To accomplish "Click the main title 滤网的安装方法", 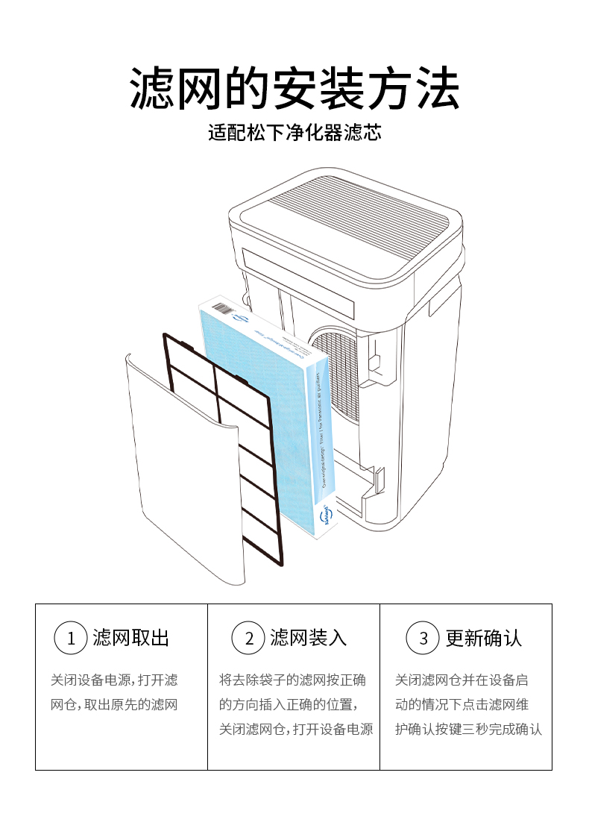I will [x=294, y=89].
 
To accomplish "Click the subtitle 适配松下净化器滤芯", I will [x=294, y=134].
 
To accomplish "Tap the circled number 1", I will [x=72, y=639].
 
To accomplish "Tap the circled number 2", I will [x=249, y=639].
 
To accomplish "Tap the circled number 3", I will [x=423, y=639].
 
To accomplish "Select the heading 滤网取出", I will [x=131, y=639].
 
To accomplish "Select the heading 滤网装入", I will [x=309, y=639].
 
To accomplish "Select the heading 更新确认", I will [x=484, y=639].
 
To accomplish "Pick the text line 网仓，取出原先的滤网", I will [x=114, y=704].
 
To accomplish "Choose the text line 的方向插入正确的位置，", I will [x=288, y=704].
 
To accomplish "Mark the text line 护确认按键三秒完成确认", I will [x=468, y=729].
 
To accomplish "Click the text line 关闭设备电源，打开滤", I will [x=114, y=680].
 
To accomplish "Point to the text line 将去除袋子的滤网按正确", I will [x=292, y=680].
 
